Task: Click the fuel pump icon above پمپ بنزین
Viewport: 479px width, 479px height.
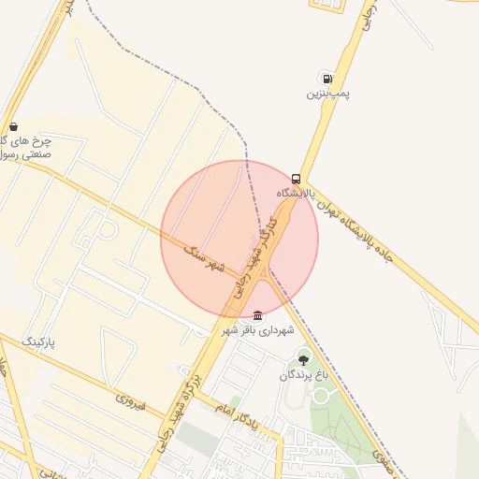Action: (x=325, y=78)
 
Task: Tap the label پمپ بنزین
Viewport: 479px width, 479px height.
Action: (x=324, y=94)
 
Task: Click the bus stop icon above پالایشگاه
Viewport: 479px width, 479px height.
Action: (x=296, y=179)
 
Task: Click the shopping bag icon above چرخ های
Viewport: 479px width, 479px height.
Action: (x=12, y=126)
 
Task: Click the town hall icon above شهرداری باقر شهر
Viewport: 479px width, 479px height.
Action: (x=258, y=315)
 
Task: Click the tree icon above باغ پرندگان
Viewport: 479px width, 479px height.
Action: (x=302, y=358)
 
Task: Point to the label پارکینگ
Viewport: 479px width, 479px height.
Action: (x=38, y=342)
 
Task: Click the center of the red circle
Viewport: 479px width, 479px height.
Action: (x=239, y=239)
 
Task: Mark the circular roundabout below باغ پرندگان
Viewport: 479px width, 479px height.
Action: (x=321, y=396)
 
